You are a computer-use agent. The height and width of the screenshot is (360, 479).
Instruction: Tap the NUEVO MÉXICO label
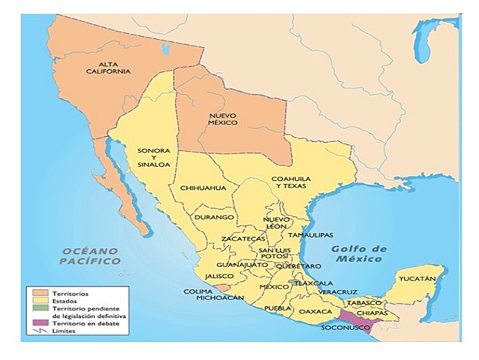(223, 117)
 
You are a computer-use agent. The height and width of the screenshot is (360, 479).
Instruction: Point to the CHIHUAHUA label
(198, 188)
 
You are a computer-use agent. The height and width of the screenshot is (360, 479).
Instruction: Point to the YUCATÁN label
(417, 279)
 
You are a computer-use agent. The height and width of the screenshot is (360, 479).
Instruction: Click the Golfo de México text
(358, 254)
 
